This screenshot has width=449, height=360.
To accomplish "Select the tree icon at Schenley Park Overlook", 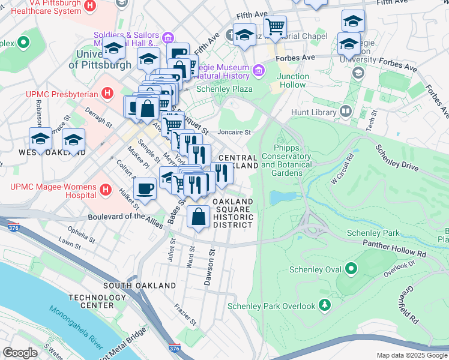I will [325, 305].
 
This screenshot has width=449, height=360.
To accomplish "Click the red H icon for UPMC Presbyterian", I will [107, 94].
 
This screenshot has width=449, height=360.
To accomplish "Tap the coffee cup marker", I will [145, 190].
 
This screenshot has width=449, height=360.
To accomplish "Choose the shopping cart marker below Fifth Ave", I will [275, 27].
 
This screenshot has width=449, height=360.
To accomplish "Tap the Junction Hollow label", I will [293, 80].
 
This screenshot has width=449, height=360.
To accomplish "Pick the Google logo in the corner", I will [20, 352].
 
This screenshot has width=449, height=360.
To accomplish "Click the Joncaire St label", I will [234, 131].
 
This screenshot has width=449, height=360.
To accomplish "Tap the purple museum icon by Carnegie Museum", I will [259, 71].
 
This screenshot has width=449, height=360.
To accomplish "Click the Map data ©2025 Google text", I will [411, 355].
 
